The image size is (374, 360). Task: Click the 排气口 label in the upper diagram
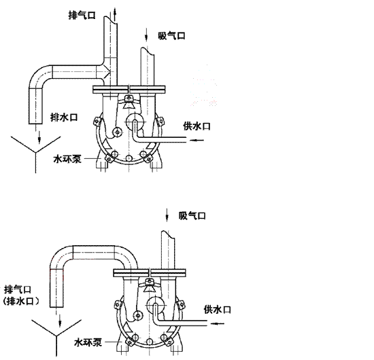(x=82, y=15)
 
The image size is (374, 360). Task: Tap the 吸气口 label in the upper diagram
(x=171, y=36)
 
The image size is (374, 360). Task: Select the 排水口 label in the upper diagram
(x=64, y=118)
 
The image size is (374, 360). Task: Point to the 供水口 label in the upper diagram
(x=197, y=126)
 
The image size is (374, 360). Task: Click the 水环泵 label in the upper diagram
(x=67, y=159)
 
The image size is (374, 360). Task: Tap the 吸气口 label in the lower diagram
(x=192, y=216)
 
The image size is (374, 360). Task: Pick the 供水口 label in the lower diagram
(x=218, y=310)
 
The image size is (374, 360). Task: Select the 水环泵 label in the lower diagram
(x=88, y=342)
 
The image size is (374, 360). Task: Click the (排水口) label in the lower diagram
(x=21, y=302)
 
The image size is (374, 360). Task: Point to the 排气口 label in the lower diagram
(x=18, y=290)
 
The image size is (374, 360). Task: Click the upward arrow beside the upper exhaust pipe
(x=115, y=14)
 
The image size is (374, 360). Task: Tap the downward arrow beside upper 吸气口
(x=146, y=35)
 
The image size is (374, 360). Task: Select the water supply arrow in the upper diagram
(x=197, y=140)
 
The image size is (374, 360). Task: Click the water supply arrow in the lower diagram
(x=218, y=323)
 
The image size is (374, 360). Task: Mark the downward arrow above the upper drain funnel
(x=39, y=137)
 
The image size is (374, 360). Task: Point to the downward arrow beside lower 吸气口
(x=167, y=215)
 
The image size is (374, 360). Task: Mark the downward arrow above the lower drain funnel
(x=60, y=321)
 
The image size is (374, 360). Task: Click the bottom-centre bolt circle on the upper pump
(x=129, y=158)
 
